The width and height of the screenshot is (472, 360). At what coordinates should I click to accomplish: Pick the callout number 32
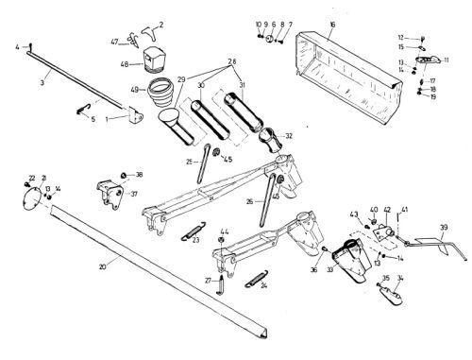click(289, 135)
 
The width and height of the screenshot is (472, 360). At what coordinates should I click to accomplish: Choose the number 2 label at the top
click(160, 23)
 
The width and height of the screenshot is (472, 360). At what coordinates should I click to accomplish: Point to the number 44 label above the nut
click(224, 231)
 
